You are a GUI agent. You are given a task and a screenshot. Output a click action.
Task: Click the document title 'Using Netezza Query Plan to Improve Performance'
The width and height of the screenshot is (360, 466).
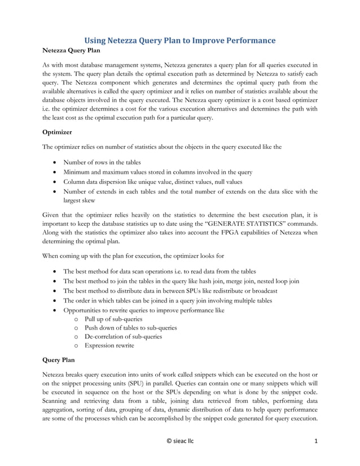[180, 41]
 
